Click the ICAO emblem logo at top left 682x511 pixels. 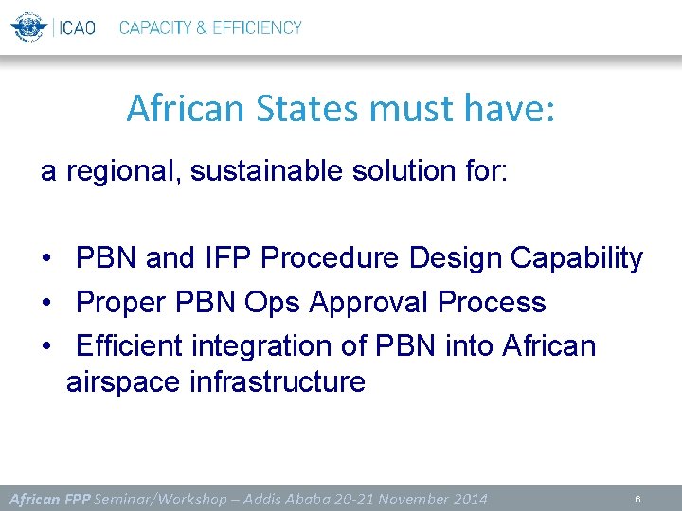pyautogui.click(x=27, y=26)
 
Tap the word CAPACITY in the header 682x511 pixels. pyautogui.click(x=154, y=27)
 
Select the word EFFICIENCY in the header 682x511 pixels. pyautogui.click(x=257, y=27)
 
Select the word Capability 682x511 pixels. pyautogui.click(x=577, y=258)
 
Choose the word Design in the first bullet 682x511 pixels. pyautogui.click(x=456, y=258)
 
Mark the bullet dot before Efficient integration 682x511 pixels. pyautogui.click(x=46, y=347)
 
